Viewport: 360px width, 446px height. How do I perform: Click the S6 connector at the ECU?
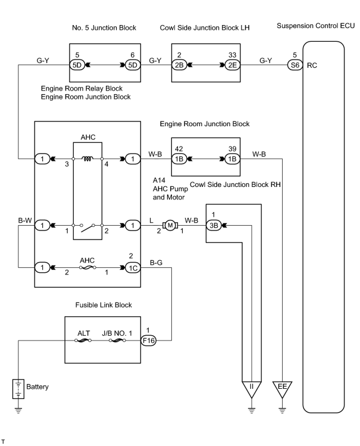(295, 65)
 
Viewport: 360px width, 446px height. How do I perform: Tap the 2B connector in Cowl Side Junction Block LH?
(179, 65)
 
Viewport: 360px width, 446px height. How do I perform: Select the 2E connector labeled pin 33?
(233, 65)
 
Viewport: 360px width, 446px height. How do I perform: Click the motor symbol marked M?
(170, 226)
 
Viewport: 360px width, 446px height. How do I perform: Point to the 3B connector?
(214, 226)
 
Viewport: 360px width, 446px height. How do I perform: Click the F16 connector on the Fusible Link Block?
(149, 340)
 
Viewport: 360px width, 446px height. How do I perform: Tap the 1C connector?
(133, 267)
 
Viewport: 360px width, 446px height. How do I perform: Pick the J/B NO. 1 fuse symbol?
(117, 340)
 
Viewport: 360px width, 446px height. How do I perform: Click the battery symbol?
(18, 389)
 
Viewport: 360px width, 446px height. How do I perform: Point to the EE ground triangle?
(282, 389)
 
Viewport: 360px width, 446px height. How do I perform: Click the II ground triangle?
(252, 389)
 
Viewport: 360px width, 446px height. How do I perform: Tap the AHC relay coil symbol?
(87, 159)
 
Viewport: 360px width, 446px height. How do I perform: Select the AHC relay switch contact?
(87, 227)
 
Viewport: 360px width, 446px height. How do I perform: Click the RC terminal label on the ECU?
(312, 66)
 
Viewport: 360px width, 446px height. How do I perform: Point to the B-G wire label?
(156, 263)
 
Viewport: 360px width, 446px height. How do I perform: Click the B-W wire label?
(25, 220)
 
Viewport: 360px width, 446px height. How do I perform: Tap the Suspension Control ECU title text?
(316, 26)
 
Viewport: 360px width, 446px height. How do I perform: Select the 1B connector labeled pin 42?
(179, 159)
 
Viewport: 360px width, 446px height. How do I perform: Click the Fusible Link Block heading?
(104, 305)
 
